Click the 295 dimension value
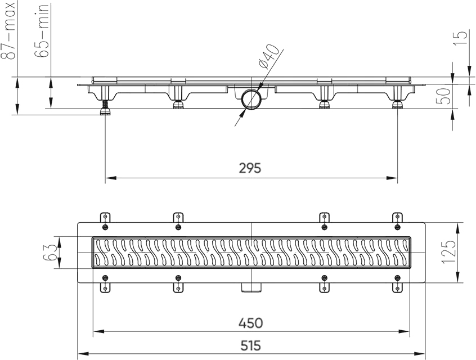click(x=250, y=168)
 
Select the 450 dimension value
click(x=250, y=323)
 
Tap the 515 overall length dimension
click(x=250, y=345)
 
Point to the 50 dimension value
click(x=445, y=96)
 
